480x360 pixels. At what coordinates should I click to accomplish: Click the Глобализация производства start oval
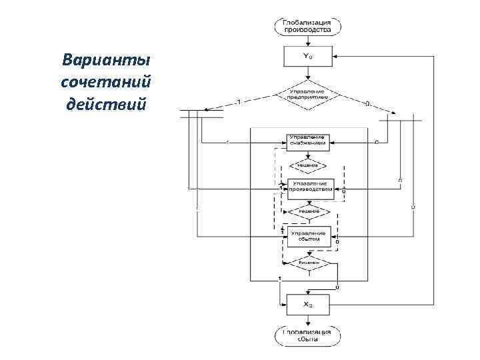pos(307,27)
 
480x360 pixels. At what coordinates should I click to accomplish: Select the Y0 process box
pos(307,57)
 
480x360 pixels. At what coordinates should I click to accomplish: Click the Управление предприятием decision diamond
pos(307,94)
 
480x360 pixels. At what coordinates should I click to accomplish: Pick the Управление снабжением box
pos(308,141)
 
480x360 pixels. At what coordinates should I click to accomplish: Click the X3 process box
pos(308,305)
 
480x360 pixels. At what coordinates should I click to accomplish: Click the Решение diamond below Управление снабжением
pos(308,164)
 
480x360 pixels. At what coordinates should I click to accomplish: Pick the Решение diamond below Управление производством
pos(308,211)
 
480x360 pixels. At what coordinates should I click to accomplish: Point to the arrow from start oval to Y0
pos(307,41)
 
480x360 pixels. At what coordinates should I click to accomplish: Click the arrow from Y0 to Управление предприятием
pos(307,73)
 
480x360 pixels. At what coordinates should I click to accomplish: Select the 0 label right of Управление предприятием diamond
pos(368,103)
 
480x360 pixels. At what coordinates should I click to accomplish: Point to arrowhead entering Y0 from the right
pos(333,56)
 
